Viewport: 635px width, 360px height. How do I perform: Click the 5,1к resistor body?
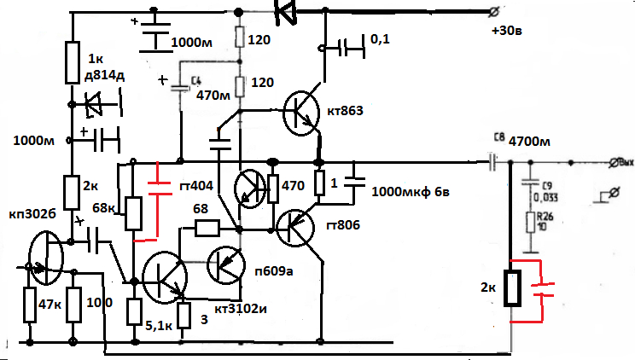coord(134,311)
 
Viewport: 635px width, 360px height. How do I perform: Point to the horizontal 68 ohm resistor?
coord(207,228)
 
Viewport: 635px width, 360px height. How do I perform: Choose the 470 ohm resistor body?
coord(274,189)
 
